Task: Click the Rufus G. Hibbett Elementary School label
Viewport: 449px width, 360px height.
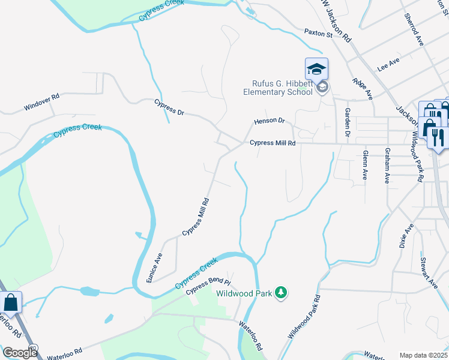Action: [x=278, y=88]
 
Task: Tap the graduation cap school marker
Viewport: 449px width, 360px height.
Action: [x=316, y=69]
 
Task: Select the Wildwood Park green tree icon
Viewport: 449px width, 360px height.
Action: [x=280, y=293]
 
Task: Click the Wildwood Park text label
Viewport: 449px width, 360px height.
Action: [x=243, y=294]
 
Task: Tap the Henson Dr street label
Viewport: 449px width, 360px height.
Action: [x=269, y=121]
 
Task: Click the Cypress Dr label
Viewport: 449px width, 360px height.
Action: [x=169, y=107]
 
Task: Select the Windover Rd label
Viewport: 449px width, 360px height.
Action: [x=42, y=101]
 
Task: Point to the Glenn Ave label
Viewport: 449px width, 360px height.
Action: [x=365, y=165]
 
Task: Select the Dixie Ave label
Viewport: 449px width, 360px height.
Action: [x=407, y=236]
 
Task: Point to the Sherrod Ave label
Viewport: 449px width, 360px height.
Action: [x=414, y=29]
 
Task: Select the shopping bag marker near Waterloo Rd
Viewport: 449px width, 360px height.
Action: [x=11, y=303]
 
